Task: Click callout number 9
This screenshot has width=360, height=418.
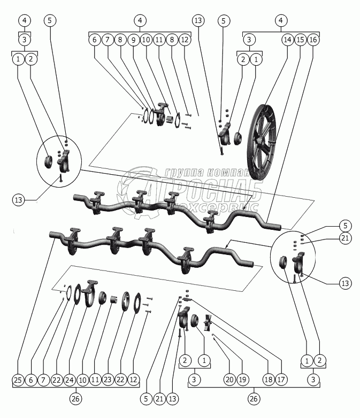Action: [133, 40]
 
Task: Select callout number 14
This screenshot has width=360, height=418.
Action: [288, 40]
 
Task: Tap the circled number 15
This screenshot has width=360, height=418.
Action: [301, 40]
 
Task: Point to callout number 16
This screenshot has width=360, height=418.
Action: [313, 40]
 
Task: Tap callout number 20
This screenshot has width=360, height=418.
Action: [229, 380]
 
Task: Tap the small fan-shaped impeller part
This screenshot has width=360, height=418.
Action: [209, 322]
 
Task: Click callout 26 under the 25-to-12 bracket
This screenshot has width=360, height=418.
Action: [76, 399]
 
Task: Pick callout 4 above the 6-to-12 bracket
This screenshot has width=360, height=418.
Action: [140, 21]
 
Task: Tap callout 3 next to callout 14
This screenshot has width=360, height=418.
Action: [249, 40]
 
